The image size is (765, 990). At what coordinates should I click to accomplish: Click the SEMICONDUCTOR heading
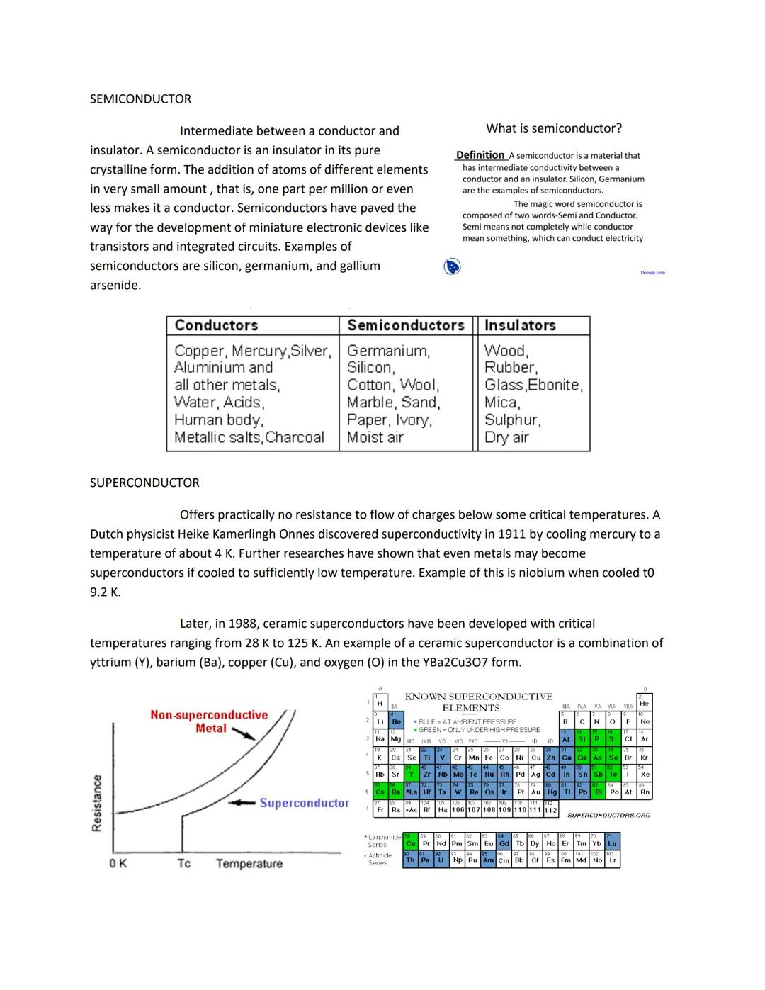click(140, 99)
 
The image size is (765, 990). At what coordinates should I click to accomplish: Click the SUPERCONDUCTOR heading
click(144, 483)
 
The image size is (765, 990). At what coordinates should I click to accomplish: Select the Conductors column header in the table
click(216, 325)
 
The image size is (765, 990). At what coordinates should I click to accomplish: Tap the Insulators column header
click(519, 325)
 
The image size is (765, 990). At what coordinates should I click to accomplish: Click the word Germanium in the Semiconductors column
click(387, 351)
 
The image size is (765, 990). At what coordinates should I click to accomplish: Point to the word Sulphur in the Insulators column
click(511, 420)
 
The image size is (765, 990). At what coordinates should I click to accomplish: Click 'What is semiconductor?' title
click(553, 128)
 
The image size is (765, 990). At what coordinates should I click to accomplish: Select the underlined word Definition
click(480, 155)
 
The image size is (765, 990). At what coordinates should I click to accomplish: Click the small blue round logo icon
click(452, 267)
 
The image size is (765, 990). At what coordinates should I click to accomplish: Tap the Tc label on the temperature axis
click(183, 863)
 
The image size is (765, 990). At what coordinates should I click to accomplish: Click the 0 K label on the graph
click(118, 863)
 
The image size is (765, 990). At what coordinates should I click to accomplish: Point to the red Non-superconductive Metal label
click(209, 721)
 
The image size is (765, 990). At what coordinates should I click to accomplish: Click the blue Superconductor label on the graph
click(304, 803)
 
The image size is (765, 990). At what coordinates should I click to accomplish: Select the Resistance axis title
click(97, 803)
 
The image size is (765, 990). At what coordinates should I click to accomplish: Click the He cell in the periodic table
click(644, 704)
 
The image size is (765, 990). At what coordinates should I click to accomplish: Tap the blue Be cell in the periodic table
click(396, 721)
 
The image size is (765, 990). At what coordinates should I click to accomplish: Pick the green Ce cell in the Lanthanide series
click(410, 843)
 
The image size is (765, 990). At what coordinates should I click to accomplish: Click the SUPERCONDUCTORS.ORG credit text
click(608, 815)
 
